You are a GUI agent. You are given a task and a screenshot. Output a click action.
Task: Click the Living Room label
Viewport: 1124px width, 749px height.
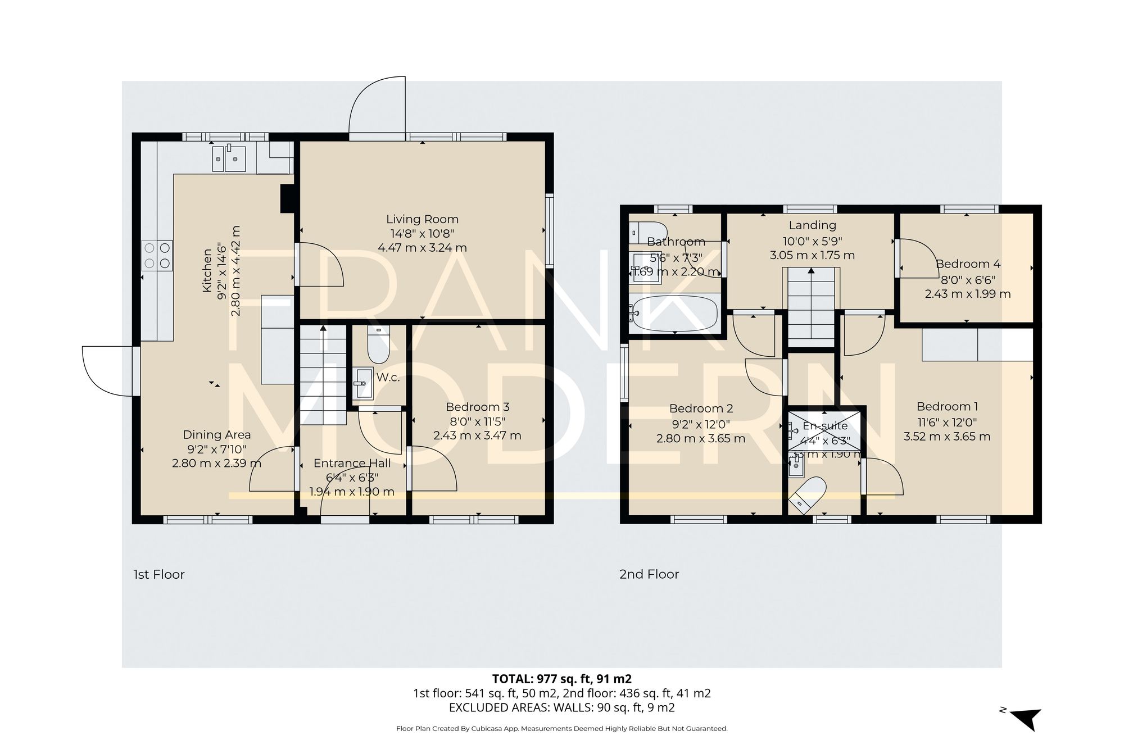pyautogui.click(x=422, y=220)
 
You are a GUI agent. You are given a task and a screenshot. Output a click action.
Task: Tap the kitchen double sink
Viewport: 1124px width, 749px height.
pyautogui.click(x=229, y=159)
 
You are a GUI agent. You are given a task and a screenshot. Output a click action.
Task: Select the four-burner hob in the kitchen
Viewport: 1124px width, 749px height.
pyautogui.click(x=157, y=255)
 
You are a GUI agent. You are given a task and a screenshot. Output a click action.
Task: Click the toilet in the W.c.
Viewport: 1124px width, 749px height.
pyautogui.click(x=379, y=344)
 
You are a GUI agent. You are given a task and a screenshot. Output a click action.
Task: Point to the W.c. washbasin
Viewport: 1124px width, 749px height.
pyautogui.click(x=362, y=383)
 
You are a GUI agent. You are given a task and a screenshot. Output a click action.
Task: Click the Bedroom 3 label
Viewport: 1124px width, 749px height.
pyautogui.click(x=477, y=407)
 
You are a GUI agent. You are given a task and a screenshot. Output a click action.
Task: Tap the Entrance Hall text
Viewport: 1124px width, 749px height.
pyautogui.click(x=352, y=464)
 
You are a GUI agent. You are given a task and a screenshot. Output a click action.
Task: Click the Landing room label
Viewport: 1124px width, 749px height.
pyautogui.click(x=812, y=225)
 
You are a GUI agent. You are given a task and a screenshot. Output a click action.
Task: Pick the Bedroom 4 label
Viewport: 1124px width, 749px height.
pyautogui.click(x=967, y=264)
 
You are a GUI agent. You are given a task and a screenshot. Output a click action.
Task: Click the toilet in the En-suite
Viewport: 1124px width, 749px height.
pyautogui.click(x=808, y=494)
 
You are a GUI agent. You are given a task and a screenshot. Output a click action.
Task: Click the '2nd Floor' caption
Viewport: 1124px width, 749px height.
pyautogui.click(x=649, y=574)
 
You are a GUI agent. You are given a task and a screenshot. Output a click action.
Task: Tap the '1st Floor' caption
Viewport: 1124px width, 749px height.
pyautogui.click(x=158, y=574)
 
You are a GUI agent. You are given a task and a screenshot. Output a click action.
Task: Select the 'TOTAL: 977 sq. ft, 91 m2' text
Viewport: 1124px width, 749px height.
pyautogui.click(x=561, y=679)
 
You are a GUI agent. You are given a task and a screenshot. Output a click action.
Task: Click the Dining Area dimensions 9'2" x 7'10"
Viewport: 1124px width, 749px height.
pyautogui.click(x=216, y=450)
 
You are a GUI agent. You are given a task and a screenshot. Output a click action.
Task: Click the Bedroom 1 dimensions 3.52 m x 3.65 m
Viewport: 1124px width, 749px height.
pyautogui.click(x=946, y=437)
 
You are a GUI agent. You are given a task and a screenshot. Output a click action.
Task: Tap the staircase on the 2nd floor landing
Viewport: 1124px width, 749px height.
pyautogui.click(x=810, y=307)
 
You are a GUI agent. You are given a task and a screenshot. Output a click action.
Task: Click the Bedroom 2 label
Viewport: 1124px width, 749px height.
pyautogui.click(x=701, y=408)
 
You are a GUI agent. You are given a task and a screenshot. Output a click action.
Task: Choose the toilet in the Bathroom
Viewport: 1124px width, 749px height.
pyautogui.click(x=648, y=231)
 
